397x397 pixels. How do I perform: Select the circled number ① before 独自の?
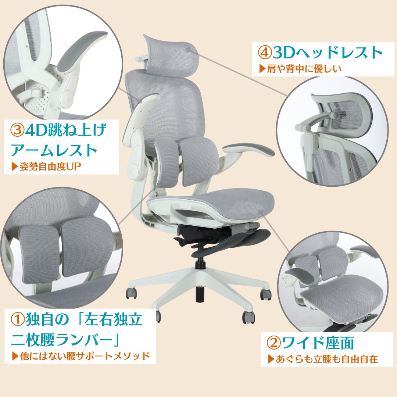[18, 319]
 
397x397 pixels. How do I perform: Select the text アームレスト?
[54, 150]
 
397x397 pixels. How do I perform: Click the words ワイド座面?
[318, 343]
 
